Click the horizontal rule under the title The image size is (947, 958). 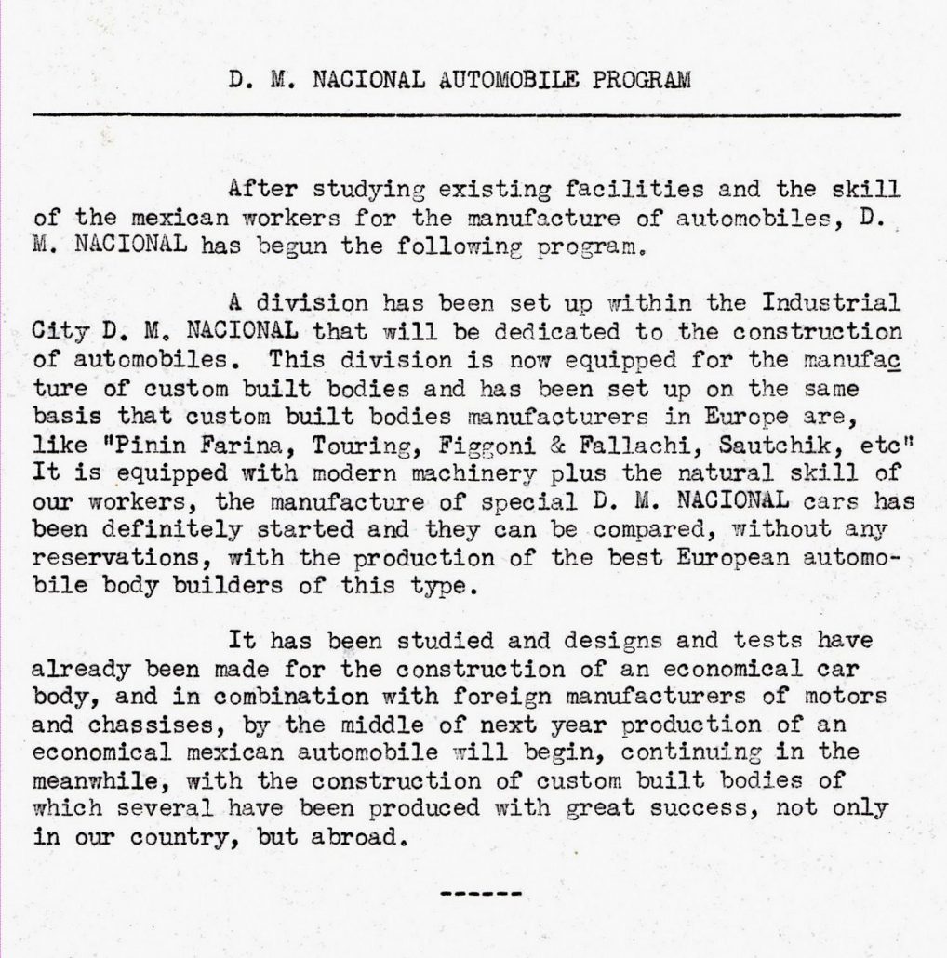[x=465, y=114]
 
